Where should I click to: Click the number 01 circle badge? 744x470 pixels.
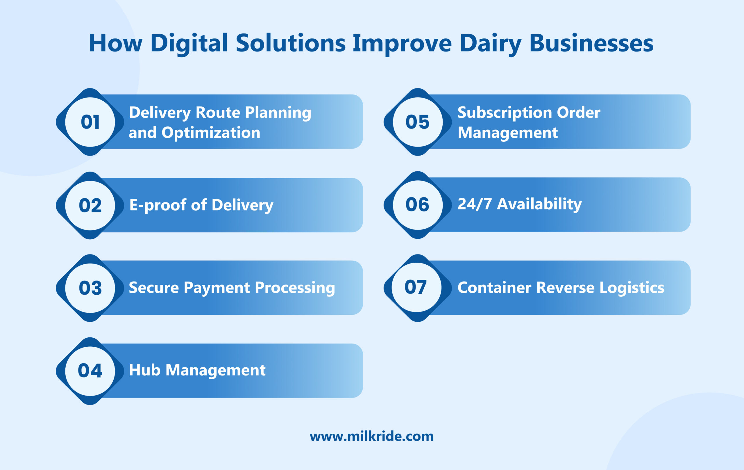[x=90, y=122]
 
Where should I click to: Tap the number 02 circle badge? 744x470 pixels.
[x=90, y=205]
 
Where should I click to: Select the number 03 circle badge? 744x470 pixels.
[x=90, y=288]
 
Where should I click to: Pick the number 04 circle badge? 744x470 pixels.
[x=90, y=371]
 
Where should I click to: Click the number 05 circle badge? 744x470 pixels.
[x=417, y=122]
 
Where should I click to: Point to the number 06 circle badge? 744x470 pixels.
[x=417, y=205]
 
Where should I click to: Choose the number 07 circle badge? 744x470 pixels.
[x=416, y=287]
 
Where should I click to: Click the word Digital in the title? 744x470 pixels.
[x=189, y=43]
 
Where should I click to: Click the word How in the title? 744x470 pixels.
[x=116, y=43]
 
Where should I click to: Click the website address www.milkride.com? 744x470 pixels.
[x=372, y=436]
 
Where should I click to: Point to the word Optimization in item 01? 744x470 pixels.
[x=211, y=133]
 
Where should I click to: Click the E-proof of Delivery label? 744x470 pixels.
[x=201, y=205]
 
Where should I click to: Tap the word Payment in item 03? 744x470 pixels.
[x=217, y=288]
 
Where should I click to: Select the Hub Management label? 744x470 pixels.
[x=197, y=370]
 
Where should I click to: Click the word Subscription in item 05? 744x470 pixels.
[x=505, y=113]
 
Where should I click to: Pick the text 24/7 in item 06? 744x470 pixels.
[x=474, y=204]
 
